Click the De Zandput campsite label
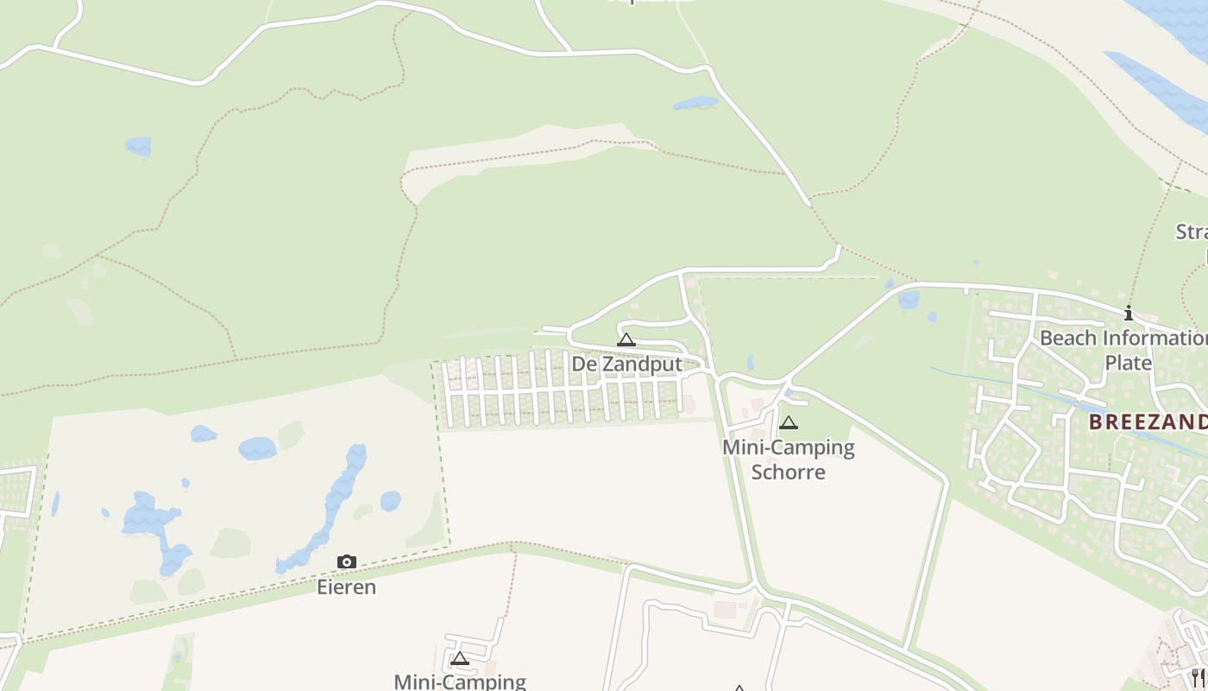coord(626,364)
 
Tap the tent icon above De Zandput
coord(626,340)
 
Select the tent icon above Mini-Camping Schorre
coord(788,423)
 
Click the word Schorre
coord(788,472)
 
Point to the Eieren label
coord(346,587)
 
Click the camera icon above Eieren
coord(346,562)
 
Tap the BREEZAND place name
coord(1147,422)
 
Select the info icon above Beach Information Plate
coord(1128,313)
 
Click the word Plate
coord(1128,362)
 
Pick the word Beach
coord(1068,338)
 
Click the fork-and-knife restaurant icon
coord(1199,676)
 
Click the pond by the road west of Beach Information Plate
coord(908,300)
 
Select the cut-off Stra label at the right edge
coord(1192,231)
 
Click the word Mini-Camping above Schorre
coord(788,447)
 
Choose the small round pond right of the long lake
coord(390,501)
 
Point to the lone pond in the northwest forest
coord(138,146)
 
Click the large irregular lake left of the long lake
coord(151,523)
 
